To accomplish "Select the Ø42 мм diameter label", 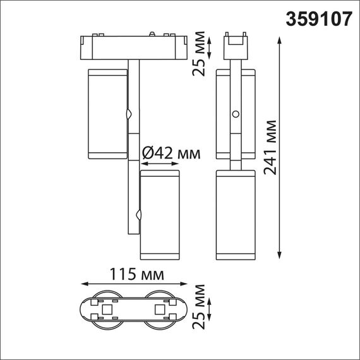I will [168, 153].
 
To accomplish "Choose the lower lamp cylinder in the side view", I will [236, 215].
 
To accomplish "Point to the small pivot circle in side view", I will [236, 115].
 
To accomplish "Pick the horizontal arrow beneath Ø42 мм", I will [160, 164].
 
